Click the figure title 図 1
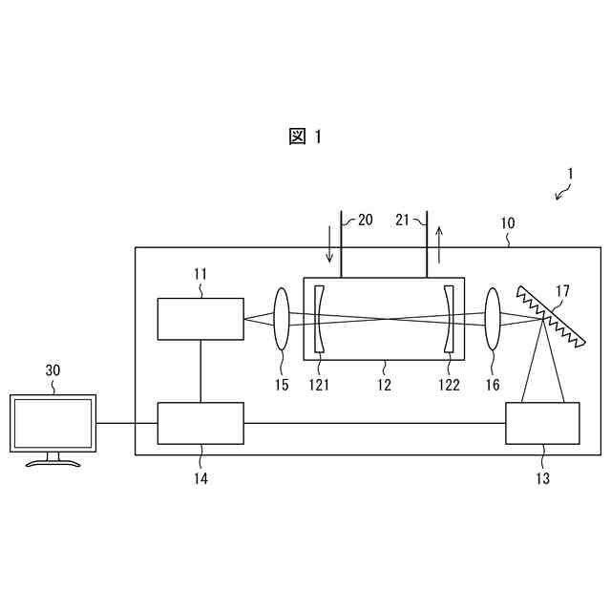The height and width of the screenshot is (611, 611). [x=305, y=137]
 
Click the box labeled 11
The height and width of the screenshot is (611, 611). [x=200, y=319]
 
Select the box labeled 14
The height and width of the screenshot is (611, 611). [x=200, y=423]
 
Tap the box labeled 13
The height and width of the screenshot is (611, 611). [x=542, y=423]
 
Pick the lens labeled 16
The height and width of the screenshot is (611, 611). [x=494, y=320]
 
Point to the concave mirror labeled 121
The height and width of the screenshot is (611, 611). [x=319, y=320]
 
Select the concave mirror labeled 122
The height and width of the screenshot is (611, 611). [x=449, y=320]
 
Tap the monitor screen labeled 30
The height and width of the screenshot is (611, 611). [x=53, y=424]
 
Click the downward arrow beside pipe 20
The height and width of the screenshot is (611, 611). [x=330, y=244]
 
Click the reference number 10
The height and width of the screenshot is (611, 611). [x=508, y=223]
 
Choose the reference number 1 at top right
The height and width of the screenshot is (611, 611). [x=569, y=174]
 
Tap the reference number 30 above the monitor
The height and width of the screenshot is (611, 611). [x=53, y=371]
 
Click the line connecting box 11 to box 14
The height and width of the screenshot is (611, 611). [x=200, y=371]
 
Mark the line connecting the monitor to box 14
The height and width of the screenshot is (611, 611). [x=127, y=423]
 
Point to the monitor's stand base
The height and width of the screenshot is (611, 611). [x=53, y=463]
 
